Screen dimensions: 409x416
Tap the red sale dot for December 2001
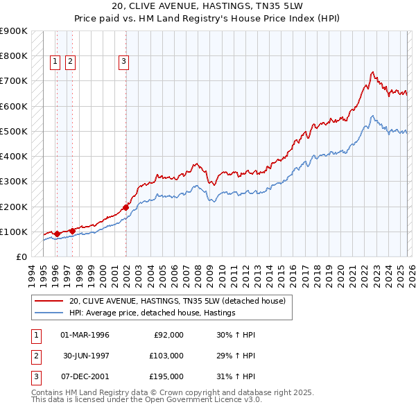[x=126, y=207]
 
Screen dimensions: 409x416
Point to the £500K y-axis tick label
[x=14, y=131]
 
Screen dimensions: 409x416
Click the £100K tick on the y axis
[x=14, y=232]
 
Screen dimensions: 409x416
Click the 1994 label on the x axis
[x=31, y=273]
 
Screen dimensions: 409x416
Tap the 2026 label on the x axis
[x=410, y=273]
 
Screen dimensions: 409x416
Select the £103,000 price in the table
[x=166, y=356]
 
